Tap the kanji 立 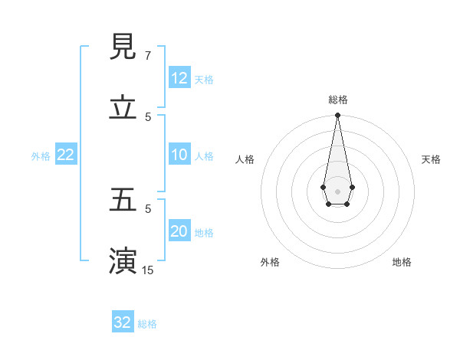pos(123,108)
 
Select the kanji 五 pos(123,200)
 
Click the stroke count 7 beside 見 pos(148,56)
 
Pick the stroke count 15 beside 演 pos(148,270)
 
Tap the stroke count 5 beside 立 pos(148,116)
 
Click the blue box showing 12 pos(179,78)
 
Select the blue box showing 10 pos(179,155)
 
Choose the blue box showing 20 pos(179,231)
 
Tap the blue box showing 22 pos(66,155)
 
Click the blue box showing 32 pos(123,322)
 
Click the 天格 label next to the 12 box pos(204,79)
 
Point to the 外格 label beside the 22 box pos(41,155)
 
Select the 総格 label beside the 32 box pos(147,323)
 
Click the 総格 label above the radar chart pos(337,100)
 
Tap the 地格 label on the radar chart pos(402,262)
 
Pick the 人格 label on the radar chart pos(245,159)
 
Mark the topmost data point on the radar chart pos(337,116)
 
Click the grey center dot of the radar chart pos(337,191)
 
